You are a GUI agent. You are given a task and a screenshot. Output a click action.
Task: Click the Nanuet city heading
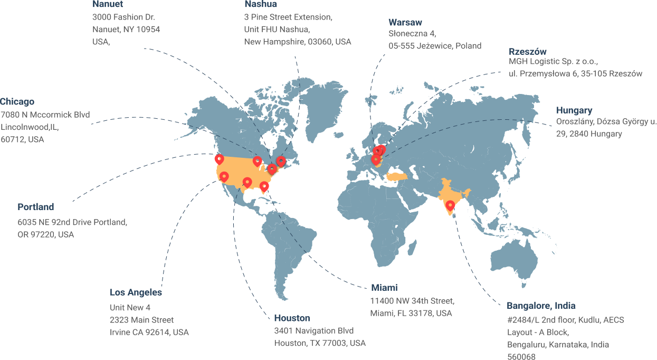(108, 5)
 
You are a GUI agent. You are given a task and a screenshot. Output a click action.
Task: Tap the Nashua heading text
(261, 5)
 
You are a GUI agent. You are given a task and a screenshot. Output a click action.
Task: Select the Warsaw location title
(405, 23)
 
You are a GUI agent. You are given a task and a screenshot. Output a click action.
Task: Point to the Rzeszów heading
(527, 52)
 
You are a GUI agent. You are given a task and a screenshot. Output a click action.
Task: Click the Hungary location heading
(574, 111)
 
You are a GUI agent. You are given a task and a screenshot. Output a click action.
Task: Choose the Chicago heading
(17, 102)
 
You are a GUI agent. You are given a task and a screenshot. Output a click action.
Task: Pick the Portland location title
(36, 207)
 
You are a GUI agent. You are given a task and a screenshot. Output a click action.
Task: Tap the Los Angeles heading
(136, 292)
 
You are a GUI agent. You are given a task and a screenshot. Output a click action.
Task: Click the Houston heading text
(292, 318)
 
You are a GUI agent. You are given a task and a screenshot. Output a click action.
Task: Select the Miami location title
(384, 288)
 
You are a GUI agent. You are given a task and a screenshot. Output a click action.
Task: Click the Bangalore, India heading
(541, 306)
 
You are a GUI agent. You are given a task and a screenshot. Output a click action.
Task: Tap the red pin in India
(450, 205)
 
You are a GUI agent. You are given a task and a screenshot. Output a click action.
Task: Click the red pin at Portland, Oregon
(219, 159)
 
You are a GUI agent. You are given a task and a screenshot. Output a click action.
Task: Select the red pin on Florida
(264, 186)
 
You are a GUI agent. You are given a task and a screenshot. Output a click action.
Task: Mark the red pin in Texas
(247, 182)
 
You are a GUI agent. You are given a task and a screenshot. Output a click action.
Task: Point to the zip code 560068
(521, 357)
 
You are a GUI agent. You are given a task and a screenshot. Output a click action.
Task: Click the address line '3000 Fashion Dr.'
(123, 17)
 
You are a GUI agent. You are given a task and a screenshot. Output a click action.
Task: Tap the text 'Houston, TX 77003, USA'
(319, 343)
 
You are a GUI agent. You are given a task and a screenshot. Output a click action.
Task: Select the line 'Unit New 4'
(130, 307)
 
